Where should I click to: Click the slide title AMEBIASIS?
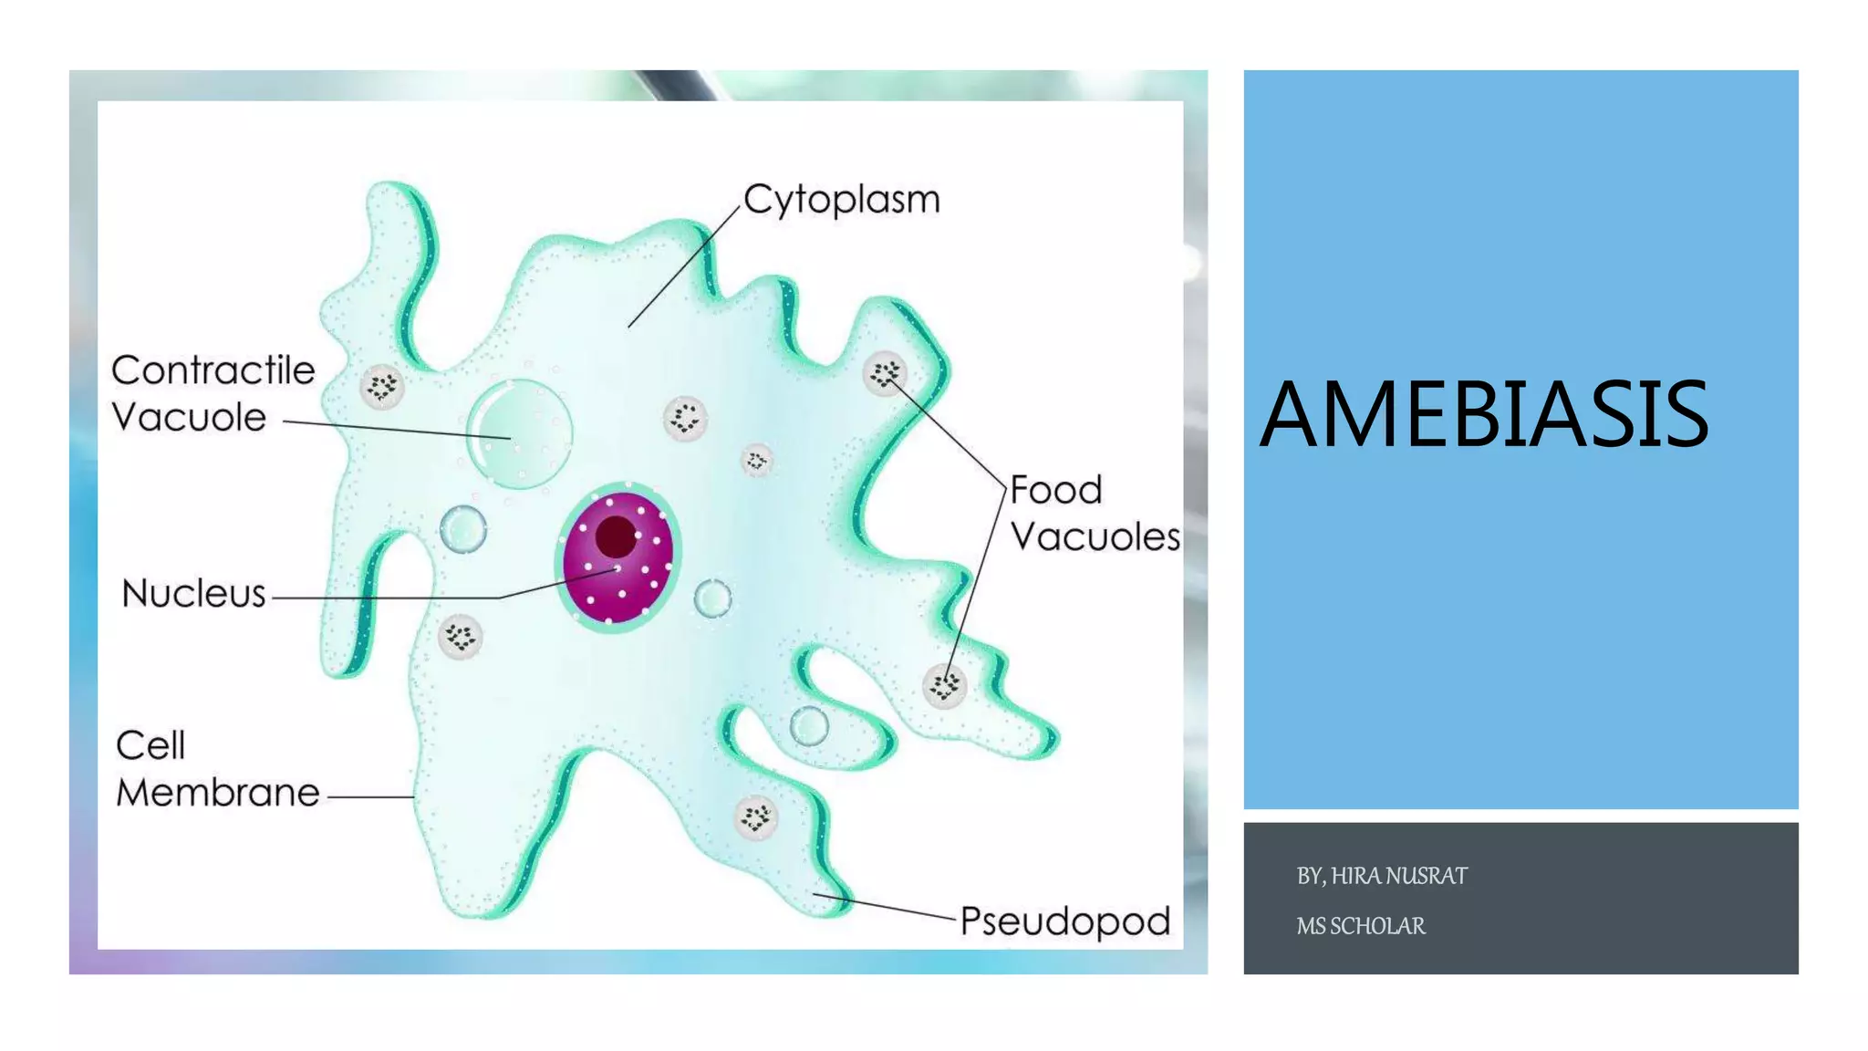1483,415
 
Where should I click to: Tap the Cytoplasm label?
841,200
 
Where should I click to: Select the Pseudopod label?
1064,921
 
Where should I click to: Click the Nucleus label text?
193,594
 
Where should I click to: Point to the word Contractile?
213,370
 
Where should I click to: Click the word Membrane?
218,792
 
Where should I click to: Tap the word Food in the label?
1056,490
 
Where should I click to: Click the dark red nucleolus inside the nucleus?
616,536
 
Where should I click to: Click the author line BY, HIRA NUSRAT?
1382,876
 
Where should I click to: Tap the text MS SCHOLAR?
1360,926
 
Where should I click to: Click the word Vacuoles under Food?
1095,536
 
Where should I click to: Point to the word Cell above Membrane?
150,745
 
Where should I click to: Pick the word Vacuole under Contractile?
189,417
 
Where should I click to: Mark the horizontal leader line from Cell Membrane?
370,796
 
